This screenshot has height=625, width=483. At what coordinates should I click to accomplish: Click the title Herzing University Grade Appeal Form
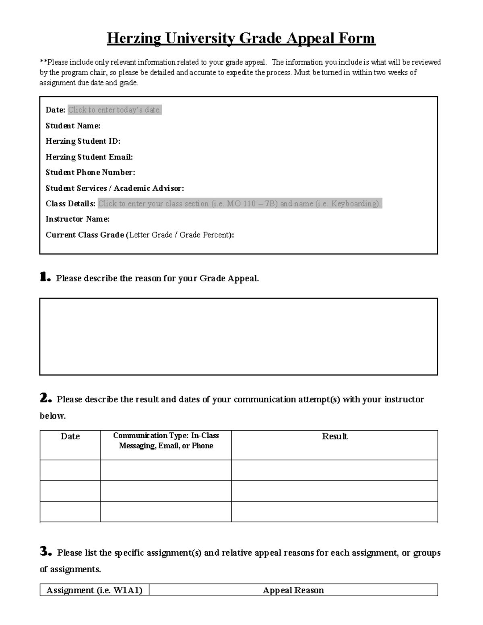click(241, 39)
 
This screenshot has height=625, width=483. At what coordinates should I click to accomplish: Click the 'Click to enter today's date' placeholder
click(115, 110)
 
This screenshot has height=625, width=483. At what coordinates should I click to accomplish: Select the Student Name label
click(73, 126)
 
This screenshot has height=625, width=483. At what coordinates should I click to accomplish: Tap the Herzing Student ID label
click(83, 141)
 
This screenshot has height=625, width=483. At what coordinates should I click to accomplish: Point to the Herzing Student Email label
click(89, 157)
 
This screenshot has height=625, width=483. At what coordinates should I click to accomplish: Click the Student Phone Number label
click(90, 173)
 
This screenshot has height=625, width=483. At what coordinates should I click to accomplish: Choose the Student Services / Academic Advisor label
click(115, 188)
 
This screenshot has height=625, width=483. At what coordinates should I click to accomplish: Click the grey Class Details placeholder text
click(239, 204)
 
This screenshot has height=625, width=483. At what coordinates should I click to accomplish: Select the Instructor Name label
click(77, 219)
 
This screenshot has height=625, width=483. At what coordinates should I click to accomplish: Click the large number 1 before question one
click(45, 277)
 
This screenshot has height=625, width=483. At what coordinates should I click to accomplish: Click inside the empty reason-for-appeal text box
click(238, 336)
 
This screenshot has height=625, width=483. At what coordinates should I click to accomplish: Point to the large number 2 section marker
click(45, 398)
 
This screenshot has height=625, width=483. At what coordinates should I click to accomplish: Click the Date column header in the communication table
click(70, 437)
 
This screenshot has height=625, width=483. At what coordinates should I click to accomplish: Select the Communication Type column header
click(166, 441)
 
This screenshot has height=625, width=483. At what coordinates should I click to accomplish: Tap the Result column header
click(334, 437)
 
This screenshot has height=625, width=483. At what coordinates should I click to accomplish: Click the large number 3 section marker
click(45, 552)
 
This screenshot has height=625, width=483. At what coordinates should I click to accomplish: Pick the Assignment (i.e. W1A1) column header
click(95, 590)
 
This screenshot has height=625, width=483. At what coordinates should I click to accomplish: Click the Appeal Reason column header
click(293, 590)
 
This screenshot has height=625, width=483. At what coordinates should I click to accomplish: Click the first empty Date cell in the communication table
click(70, 470)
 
